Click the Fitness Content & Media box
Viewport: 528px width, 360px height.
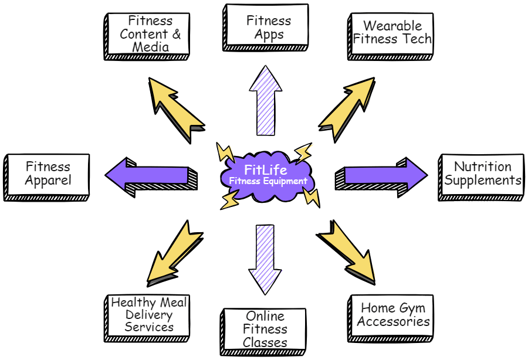click(149, 34)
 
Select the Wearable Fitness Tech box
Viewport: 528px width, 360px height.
click(392, 33)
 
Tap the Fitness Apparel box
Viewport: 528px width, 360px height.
click(48, 174)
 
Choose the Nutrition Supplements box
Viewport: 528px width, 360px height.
click(482, 174)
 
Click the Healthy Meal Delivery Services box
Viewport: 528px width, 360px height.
click(149, 314)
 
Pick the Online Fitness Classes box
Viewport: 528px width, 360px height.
click(265, 329)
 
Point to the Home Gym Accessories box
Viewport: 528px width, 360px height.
click(392, 315)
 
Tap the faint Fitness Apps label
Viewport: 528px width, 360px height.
click(268, 28)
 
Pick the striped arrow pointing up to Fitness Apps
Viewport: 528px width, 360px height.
click(266, 100)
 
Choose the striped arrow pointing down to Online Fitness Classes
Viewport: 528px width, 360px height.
click(267, 258)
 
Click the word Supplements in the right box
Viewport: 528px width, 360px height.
click(482, 181)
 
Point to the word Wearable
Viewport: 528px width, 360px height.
click(392, 26)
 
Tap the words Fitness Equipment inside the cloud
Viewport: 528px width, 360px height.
click(268, 182)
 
